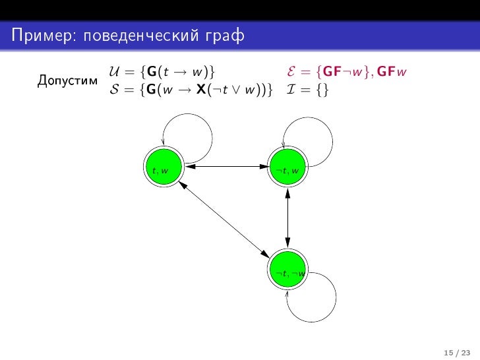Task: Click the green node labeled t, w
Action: [x=162, y=166]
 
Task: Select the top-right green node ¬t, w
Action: [x=288, y=166]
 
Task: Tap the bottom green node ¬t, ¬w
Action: [x=288, y=270]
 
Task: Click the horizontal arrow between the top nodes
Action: [x=225, y=166]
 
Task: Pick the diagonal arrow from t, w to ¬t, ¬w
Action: [x=225, y=218]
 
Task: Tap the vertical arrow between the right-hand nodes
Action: [x=288, y=218]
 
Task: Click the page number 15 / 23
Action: [x=453, y=349]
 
